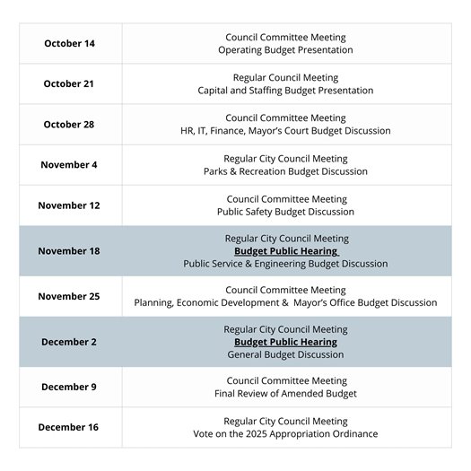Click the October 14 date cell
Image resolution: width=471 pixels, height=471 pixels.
(69, 43)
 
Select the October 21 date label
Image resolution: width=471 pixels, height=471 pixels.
(69, 83)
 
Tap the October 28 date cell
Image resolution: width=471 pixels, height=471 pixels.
(69, 124)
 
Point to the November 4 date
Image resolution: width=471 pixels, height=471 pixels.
(69, 164)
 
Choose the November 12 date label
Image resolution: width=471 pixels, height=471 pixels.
(69, 205)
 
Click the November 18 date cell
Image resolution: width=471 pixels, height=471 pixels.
(69, 250)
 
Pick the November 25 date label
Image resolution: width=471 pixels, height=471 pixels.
(69, 296)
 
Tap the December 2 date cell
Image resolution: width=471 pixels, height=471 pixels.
(69, 342)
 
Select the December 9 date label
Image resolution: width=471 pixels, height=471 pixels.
(69, 387)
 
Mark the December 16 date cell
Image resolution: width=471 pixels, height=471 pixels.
(69, 427)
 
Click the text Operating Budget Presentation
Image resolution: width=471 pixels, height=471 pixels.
(285, 50)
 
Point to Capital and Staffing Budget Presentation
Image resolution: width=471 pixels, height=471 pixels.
(285, 91)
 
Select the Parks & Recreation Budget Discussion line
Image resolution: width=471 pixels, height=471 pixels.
(285, 171)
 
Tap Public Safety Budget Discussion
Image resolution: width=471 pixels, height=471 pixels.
(285, 212)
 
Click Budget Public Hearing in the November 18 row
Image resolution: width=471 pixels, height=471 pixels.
(285, 251)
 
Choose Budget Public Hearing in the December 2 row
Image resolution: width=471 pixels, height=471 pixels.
(285, 342)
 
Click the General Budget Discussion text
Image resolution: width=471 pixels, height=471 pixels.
(285, 354)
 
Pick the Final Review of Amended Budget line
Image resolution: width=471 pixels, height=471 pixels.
(285, 394)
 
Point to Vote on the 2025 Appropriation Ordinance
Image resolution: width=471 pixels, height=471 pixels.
(285, 434)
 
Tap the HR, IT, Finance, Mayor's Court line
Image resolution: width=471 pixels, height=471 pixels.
(285, 131)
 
